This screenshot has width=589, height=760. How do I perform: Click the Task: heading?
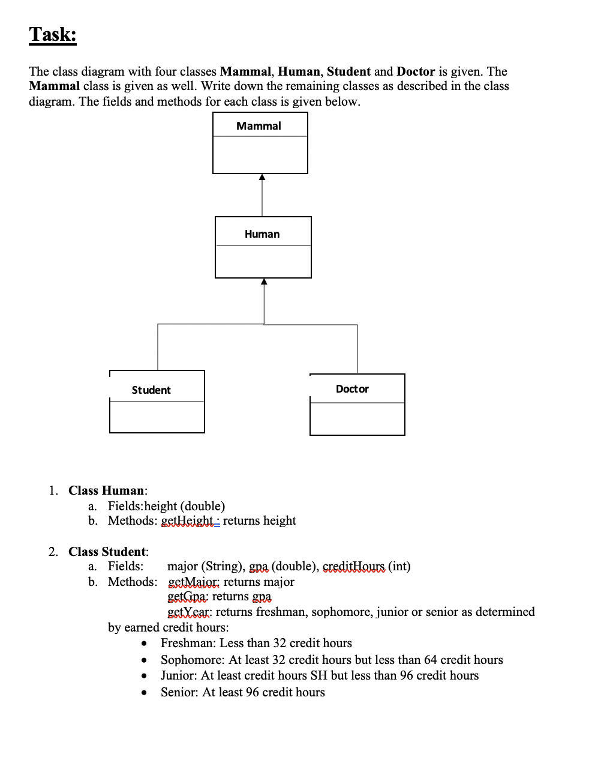tap(53, 34)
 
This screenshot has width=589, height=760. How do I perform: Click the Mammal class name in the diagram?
tap(259, 126)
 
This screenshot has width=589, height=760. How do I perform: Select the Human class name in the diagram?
tap(262, 234)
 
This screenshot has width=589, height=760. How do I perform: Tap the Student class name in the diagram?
tap(151, 390)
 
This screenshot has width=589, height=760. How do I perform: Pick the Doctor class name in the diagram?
tap(352, 389)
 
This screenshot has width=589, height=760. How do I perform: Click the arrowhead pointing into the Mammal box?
tap(262, 177)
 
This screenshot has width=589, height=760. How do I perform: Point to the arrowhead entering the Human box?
tap(264, 282)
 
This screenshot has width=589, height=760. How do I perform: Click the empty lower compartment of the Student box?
tap(157, 417)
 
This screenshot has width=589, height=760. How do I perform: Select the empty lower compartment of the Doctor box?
tap(357, 419)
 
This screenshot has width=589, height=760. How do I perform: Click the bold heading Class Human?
tap(106, 490)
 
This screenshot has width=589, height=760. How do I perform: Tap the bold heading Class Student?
tap(107, 552)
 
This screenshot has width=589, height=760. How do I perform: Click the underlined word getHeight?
tap(188, 520)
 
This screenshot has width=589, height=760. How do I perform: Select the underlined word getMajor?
tap(194, 582)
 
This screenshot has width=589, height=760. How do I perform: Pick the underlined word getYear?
tap(189, 612)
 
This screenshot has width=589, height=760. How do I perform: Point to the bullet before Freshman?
tap(145, 644)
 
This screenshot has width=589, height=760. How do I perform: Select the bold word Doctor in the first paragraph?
tap(416, 71)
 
